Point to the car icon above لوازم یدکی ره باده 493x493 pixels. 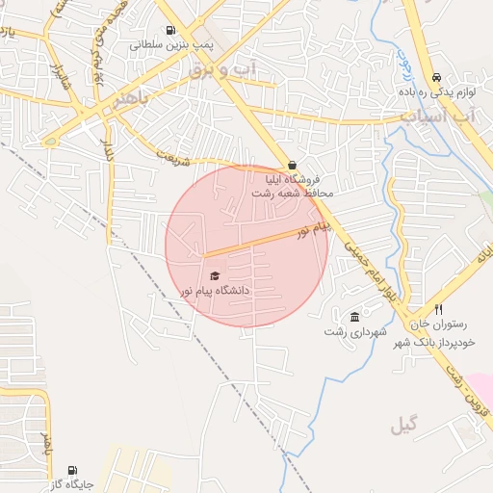pyautogui.click(x=437, y=77)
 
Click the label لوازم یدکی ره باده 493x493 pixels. pyautogui.click(x=434, y=92)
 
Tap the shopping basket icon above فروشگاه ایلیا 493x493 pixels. pyautogui.click(x=292, y=165)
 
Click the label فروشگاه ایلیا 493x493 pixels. pyautogui.click(x=297, y=179)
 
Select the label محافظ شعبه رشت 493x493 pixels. pyautogui.click(x=292, y=194)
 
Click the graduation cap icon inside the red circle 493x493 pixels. pyautogui.click(x=214, y=276)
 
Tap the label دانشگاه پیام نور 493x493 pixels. pyautogui.click(x=215, y=290)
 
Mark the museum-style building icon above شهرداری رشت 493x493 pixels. pyautogui.click(x=355, y=317)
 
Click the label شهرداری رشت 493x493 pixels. pyautogui.click(x=355, y=332)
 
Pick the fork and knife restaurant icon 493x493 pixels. pyautogui.click(x=439, y=310)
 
